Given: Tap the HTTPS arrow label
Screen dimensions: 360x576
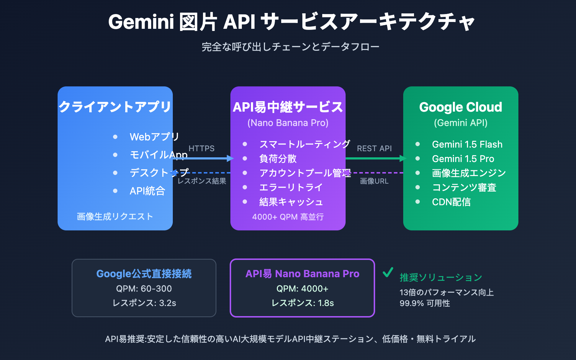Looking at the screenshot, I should (x=201, y=148).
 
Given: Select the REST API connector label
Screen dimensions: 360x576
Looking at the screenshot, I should (x=374, y=148).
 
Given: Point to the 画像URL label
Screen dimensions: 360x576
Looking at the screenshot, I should (x=374, y=181).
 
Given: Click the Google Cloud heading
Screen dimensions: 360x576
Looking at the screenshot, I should (x=460, y=107).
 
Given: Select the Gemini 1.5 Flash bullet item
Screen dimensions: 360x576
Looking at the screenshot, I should (x=467, y=144).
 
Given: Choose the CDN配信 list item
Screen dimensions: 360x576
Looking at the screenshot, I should (x=451, y=202).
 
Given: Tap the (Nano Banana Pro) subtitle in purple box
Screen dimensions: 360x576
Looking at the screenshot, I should (x=288, y=123).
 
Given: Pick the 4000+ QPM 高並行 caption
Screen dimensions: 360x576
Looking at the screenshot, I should (x=288, y=217).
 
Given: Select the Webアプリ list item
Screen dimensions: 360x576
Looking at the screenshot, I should (x=154, y=137).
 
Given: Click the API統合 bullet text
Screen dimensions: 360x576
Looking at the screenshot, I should (x=147, y=191).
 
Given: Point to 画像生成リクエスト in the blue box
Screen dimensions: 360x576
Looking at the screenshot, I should (x=115, y=216).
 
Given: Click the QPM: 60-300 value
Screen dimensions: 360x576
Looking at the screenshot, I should (x=144, y=289).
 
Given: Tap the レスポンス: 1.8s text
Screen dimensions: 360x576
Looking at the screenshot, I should (x=302, y=303).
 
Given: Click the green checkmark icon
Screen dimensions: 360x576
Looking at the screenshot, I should (x=388, y=273).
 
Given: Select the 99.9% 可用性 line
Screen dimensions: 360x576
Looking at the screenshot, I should (x=424, y=303).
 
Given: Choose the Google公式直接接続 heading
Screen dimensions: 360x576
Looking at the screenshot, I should (x=144, y=274).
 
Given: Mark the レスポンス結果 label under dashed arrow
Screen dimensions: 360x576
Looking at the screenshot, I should (x=202, y=181).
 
